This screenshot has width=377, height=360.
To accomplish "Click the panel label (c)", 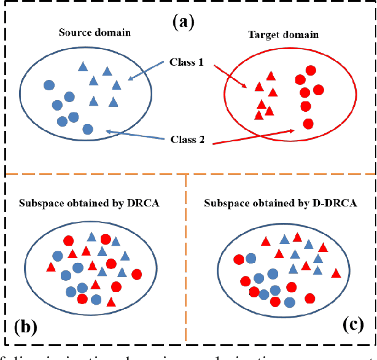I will click(x=352, y=326).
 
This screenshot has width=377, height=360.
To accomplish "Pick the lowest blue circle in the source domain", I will click(x=88, y=129).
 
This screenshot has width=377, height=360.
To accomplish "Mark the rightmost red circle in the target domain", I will click(x=318, y=90).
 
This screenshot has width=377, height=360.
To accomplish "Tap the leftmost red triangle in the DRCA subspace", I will click(x=51, y=267).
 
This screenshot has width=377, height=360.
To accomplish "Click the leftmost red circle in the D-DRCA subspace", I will click(x=238, y=259).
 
